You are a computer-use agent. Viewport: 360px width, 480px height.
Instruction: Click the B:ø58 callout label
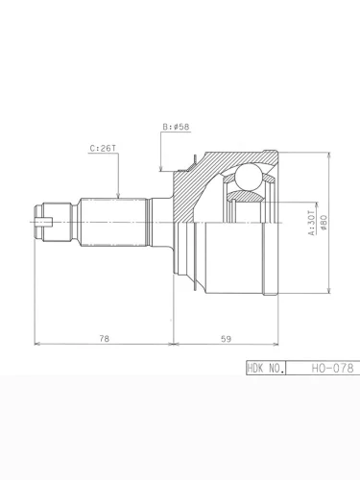click(176, 127)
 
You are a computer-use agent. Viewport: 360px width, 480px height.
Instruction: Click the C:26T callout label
click(103, 149)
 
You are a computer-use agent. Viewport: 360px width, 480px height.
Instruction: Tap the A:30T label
click(312, 223)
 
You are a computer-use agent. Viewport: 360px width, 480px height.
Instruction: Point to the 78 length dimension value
click(105, 338)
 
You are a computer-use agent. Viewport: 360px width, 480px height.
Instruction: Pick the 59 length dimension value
click(226, 339)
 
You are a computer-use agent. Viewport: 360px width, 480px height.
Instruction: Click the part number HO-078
click(333, 368)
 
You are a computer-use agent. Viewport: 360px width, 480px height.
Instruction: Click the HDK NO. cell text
click(266, 368)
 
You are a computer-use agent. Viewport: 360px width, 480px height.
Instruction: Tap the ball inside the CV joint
click(249, 178)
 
